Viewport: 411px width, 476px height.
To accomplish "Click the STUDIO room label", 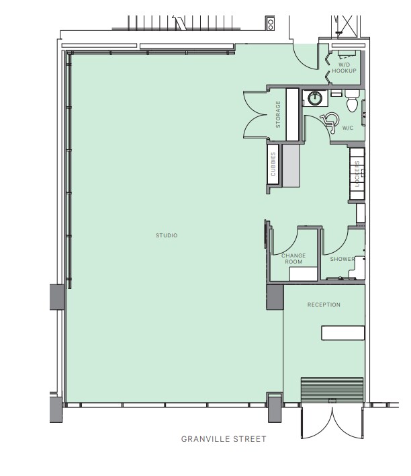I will (x=167, y=235).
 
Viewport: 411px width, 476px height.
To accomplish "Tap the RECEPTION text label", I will (x=324, y=305).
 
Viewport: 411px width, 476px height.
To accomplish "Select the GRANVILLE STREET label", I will (x=224, y=439).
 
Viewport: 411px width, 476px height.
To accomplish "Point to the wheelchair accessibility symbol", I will (x=329, y=120).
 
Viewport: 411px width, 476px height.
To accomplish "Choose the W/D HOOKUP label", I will (x=343, y=67).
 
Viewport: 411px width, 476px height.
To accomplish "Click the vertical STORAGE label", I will (x=277, y=115).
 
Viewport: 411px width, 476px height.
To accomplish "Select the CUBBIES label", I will (x=273, y=165).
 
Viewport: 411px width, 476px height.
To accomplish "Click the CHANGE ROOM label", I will (x=293, y=258).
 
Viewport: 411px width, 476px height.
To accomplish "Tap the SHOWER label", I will (x=342, y=259).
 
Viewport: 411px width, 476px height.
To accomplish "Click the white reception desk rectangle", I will (x=343, y=333).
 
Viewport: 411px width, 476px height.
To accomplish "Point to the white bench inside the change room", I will (x=303, y=274).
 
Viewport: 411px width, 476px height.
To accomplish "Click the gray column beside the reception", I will (x=275, y=296).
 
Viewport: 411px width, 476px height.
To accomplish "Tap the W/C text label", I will (x=348, y=127).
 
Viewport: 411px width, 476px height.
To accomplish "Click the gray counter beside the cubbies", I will (x=290, y=165).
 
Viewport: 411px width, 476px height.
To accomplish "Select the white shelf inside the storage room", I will (x=292, y=114).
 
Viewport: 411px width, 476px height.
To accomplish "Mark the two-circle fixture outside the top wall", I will (x=270, y=24).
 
